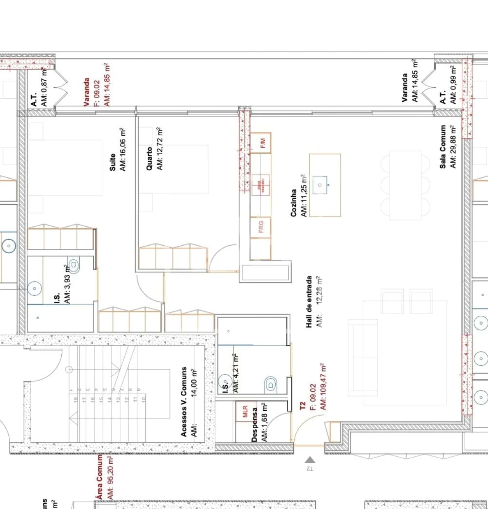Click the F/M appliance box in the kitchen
pyautogui.click(x=261, y=143)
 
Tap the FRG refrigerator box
pyautogui.click(x=261, y=227)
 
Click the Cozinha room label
pyautogui.click(x=294, y=203)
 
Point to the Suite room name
pyautogui.click(x=112, y=162)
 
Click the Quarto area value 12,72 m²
pyautogui.click(x=160, y=149)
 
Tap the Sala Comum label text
pyautogui.click(x=443, y=147)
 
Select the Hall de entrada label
pyautogui.click(x=309, y=302)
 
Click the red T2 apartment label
pyautogui.click(x=303, y=406)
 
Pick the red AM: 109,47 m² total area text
pyautogui.click(x=323, y=386)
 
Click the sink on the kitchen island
pyautogui.click(x=320, y=185)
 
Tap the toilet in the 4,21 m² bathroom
pyautogui.click(x=271, y=385)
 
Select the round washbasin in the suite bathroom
pyautogui.click(x=34, y=288)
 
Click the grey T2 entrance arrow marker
pyautogui.click(x=310, y=460)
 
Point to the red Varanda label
pyautogui.click(x=87, y=92)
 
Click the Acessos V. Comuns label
pyautogui.click(x=184, y=402)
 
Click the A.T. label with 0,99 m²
pyautogui.click(x=443, y=98)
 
